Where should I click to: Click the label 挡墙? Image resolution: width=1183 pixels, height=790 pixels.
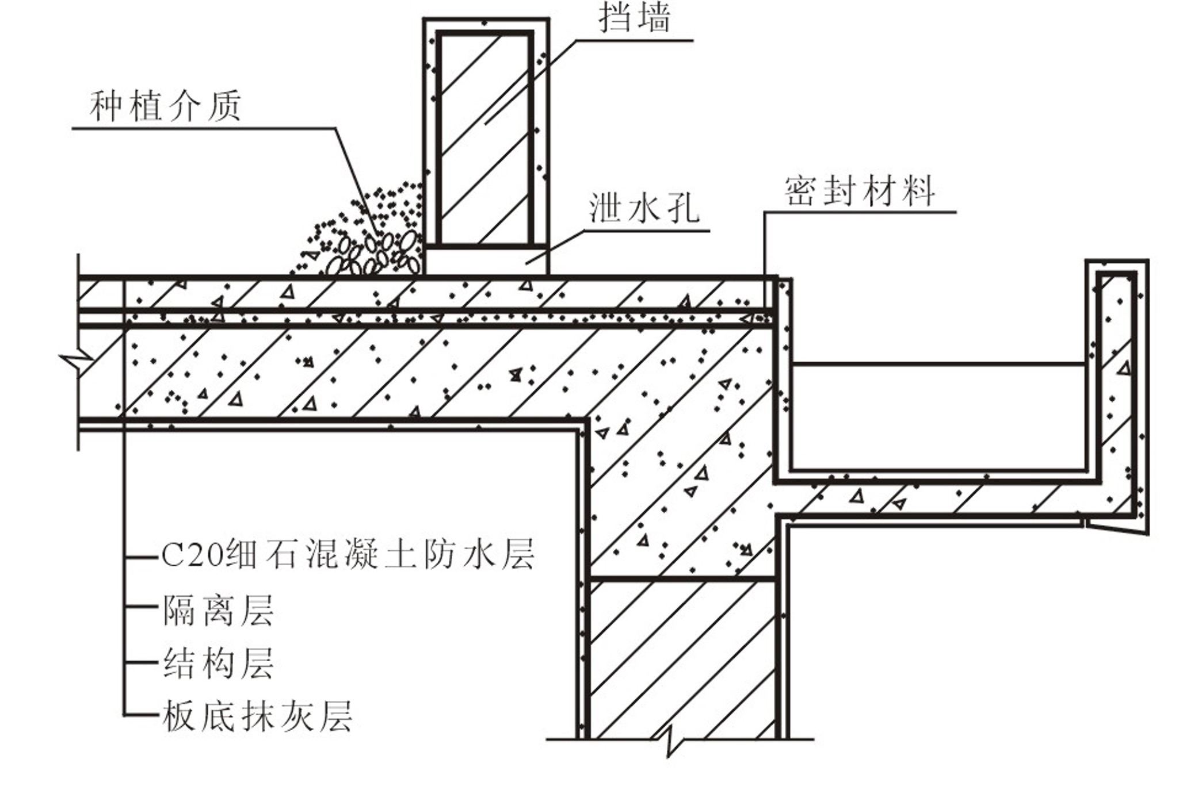[x=635, y=18]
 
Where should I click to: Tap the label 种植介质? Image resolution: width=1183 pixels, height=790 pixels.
[x=165, y=106]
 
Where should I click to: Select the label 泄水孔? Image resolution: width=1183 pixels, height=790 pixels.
[x=644, y=208]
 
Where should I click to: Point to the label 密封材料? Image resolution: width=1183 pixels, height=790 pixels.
[x=860, y=191]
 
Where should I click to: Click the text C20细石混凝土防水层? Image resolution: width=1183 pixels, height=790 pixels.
[x=348, y=554]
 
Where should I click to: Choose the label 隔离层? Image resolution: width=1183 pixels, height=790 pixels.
[x=218, y=610]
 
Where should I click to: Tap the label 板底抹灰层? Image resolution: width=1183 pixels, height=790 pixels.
[x=257, y=716]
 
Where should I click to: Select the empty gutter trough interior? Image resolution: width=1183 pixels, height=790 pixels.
[x=938, y=417]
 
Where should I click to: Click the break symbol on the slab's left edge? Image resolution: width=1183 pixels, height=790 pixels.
[x=78, y=361]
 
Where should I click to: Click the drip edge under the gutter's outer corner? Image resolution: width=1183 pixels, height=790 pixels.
[x=1116, y=526]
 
